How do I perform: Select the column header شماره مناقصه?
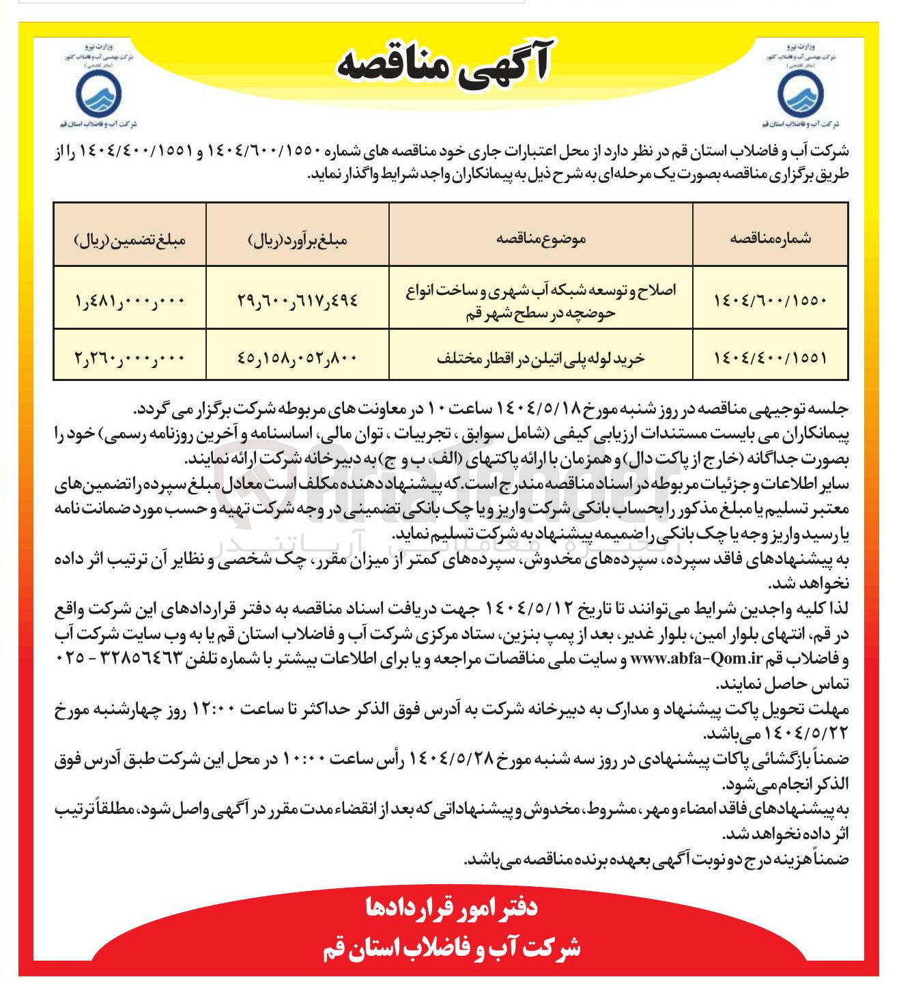770,238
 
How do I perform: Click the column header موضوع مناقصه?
541,238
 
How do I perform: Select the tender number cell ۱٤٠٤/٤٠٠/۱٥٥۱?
770,357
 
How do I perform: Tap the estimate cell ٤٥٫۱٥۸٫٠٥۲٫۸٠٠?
297,357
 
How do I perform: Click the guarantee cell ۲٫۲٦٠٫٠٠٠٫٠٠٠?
130,357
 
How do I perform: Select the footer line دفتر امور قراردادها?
451,907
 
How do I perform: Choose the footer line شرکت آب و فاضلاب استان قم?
451,948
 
